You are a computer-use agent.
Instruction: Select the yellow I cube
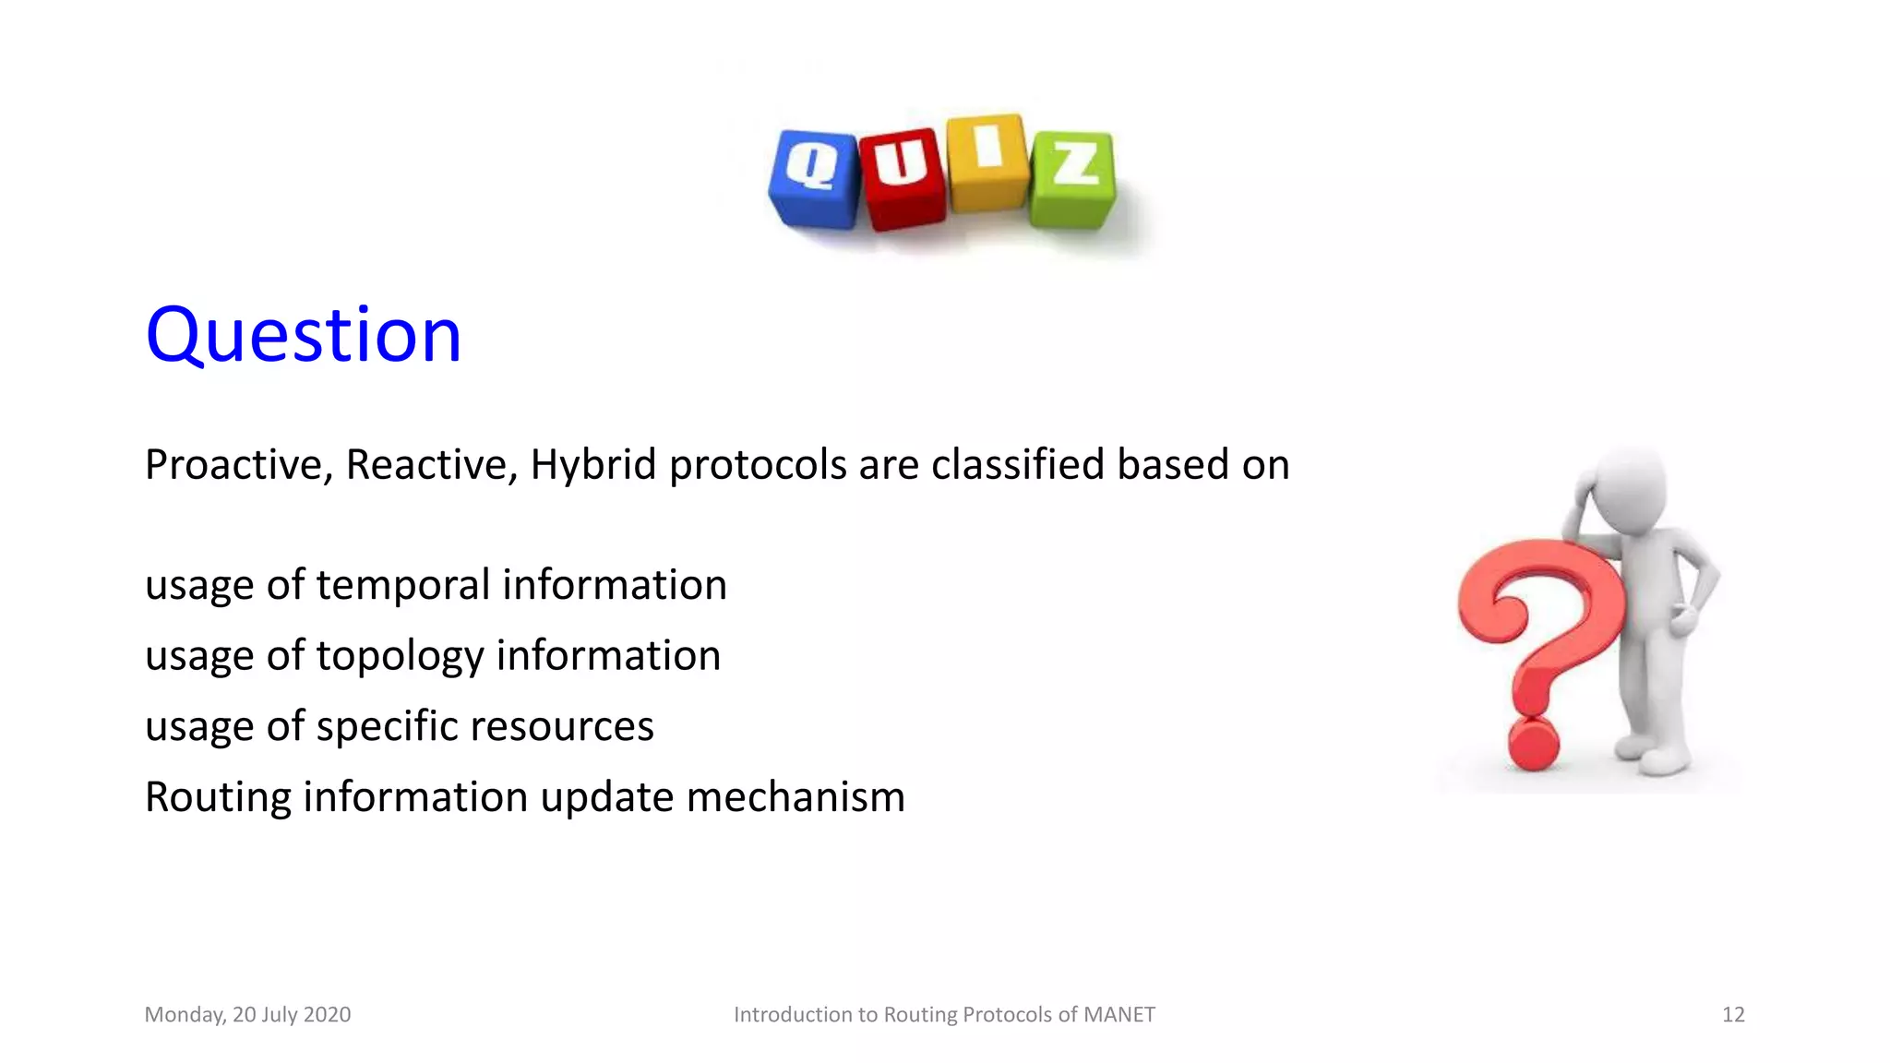pyautogui.click(x=987, y=162)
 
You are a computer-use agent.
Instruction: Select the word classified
pyautogui.click(x=1017, y=464)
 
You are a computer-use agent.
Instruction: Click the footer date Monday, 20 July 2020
pyautogui.click(x=247, y=1015)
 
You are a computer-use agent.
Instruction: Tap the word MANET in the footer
pyautogui.click(x=1118, y=1015)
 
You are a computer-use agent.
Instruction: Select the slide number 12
pyautogui.click(x=1732, y=1015)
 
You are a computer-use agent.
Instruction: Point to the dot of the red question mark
pyautogui.click(x=1533, y=744)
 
